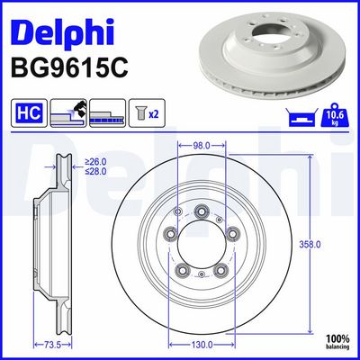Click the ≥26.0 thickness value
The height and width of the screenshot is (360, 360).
tap(95, 161)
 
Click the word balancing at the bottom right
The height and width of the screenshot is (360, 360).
tap(337, 346)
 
